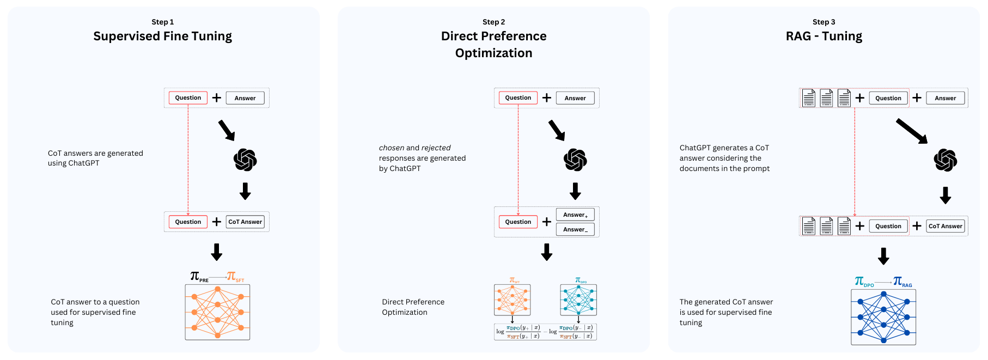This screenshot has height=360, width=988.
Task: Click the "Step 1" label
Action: tap(162, 22)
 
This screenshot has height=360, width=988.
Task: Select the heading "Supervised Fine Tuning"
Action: tap(162, 36)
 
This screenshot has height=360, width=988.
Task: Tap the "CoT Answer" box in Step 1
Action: tap(245, 222)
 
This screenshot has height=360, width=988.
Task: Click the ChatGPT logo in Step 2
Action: tap(575, 160)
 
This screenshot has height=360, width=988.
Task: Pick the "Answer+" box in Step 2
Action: tap(575, 215)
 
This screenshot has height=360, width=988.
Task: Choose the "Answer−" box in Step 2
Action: tap(575, 229)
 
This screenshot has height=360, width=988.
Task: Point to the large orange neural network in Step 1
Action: tap(217, 312)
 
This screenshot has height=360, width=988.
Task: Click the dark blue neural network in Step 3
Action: tap(883, 317)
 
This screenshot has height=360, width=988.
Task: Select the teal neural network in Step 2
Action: tap(578, 300)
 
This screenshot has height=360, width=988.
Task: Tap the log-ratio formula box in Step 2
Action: tap(545, 332)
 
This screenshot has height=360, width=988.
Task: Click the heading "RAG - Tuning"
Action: tap(824, 36)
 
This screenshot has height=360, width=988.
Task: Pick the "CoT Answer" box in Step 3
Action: tap(946, 226)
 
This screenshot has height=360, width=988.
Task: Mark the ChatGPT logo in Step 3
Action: tap(946, 160)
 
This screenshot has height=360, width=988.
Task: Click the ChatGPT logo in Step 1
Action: tap(245, 160)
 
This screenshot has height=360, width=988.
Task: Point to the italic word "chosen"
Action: tap(392, 148)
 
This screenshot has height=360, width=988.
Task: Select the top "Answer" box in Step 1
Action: tap(245, 98)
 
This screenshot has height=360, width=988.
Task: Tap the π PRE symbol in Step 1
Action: tap(198, 277)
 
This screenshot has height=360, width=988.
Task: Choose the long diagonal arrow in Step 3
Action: tap(911, 131)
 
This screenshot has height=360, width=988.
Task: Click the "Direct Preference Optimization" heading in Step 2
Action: tap(493, 44)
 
